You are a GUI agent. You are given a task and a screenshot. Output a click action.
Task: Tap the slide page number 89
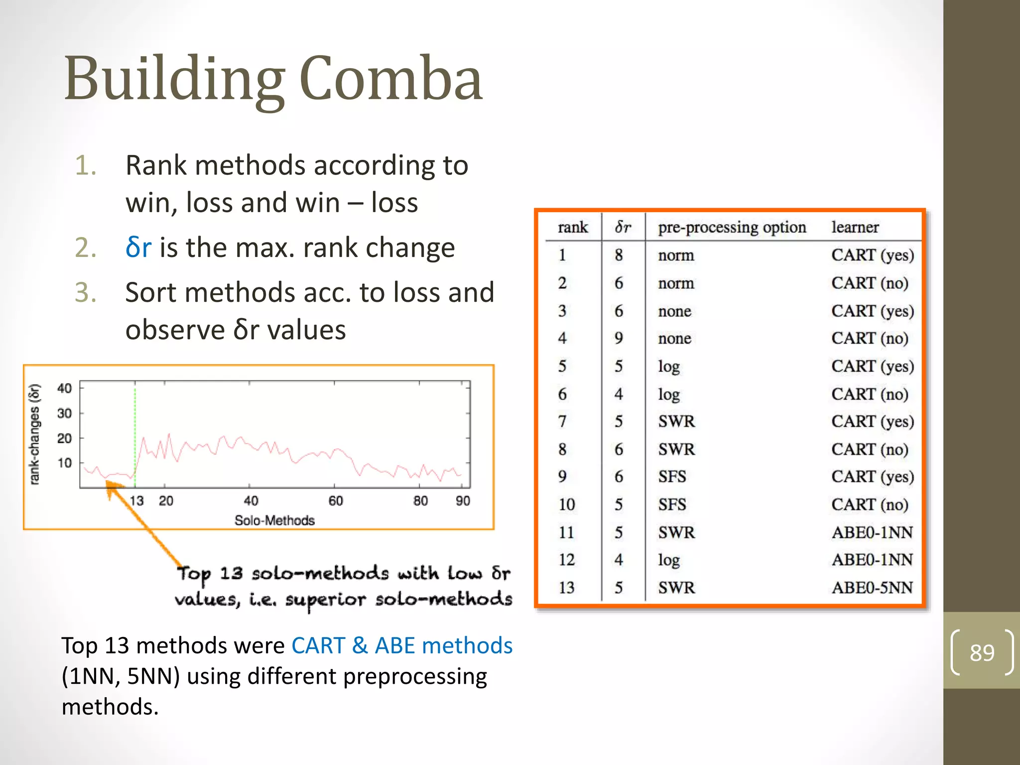(982, 652)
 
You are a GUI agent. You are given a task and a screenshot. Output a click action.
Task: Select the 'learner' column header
(855, 227)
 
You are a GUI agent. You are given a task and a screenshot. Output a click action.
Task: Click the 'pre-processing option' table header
(732, 227)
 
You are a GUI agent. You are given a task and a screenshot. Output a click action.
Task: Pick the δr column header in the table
(623, 227)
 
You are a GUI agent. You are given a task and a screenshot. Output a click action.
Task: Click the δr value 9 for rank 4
(619, 338)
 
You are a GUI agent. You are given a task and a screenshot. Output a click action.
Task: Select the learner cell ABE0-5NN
(872, 588)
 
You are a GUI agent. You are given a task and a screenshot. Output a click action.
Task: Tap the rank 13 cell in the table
(566, 588)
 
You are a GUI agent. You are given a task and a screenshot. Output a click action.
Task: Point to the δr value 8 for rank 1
(619, 255)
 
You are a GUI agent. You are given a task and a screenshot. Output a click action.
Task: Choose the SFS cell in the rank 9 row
(672, 477)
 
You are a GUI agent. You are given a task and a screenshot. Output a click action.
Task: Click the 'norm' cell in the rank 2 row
(676, 283)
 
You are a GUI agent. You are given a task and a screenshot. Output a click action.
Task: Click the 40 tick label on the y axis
(64, 388)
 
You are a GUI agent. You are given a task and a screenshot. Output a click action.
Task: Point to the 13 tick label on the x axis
(136, 501)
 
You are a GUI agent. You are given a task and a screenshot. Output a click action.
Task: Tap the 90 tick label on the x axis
(463, 501)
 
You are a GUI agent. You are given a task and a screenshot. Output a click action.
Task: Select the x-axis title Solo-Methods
(274, 520)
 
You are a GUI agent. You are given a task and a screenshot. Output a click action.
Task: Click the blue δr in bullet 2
(138, 247)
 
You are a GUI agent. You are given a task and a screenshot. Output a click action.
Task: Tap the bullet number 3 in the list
(85, 292)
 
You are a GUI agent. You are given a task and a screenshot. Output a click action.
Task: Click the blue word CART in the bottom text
(318, 645)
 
